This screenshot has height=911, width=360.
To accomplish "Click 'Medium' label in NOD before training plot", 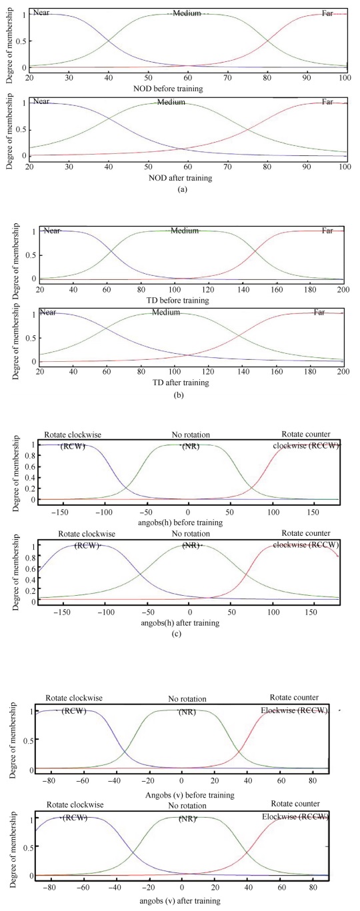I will click(187, 13).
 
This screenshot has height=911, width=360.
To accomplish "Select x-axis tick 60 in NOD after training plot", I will click(188, 165).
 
